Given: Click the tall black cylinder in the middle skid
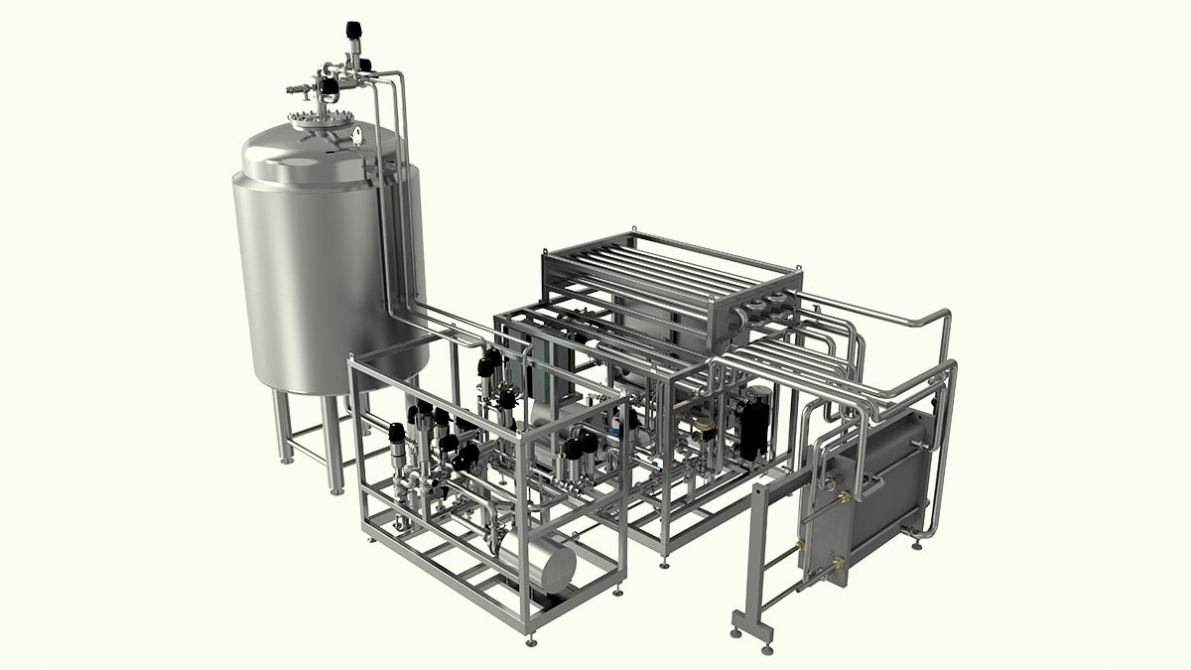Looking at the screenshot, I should (x=754, y=427).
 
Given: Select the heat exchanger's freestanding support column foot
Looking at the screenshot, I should (x=740, y=631).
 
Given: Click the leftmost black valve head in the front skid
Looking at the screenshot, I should (x=396, y=433).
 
